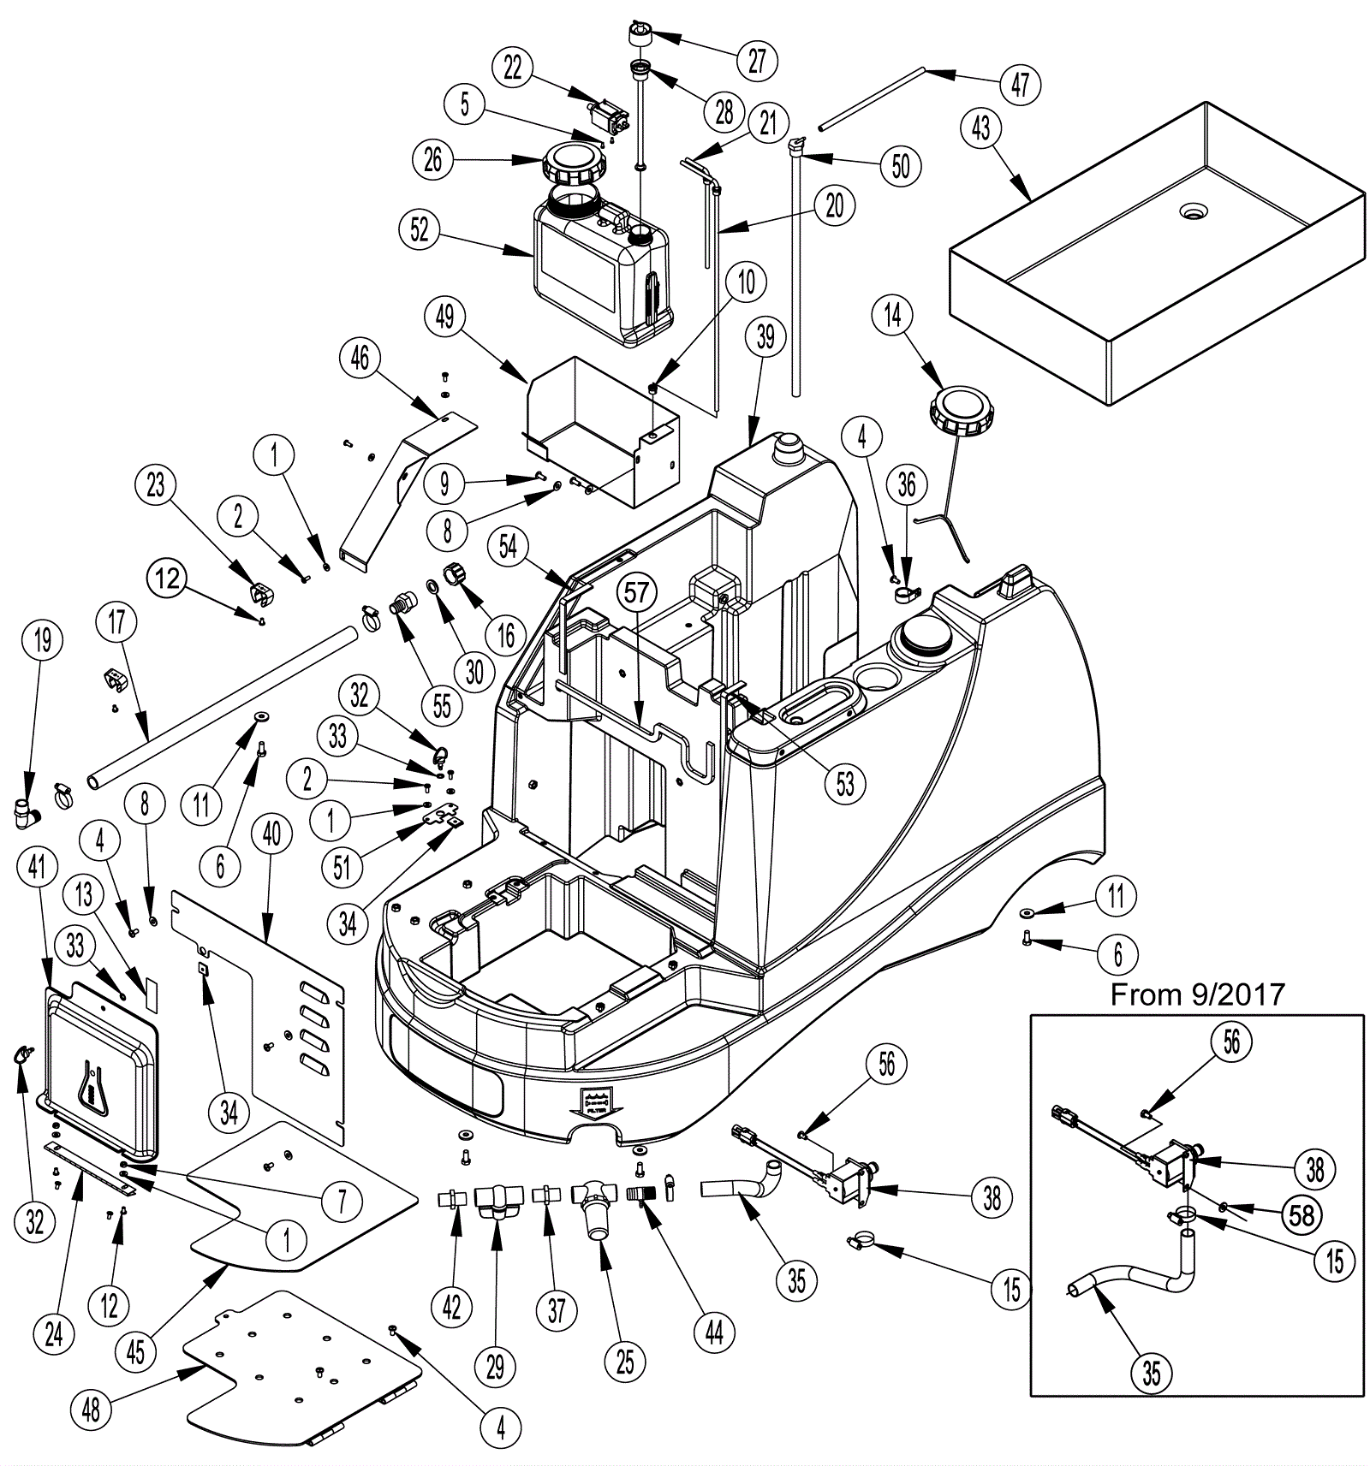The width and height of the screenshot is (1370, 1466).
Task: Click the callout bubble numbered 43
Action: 981,128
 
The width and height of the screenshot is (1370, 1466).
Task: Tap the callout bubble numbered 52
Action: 420,231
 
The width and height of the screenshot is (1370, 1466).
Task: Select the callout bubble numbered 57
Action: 637,593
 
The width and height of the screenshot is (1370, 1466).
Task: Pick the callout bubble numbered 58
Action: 1301,1214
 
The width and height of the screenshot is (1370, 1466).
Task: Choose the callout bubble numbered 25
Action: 625,1362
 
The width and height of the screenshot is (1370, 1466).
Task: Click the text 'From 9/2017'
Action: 1198,994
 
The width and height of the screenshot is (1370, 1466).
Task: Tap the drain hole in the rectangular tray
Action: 1191,211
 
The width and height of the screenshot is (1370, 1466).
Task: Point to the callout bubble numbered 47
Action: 1020,85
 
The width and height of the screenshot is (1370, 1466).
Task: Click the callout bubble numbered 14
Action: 893,315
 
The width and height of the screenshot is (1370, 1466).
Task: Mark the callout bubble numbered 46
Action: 360,358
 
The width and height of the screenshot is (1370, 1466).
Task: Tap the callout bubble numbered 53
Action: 845,784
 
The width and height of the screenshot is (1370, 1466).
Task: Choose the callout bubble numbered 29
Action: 496,1367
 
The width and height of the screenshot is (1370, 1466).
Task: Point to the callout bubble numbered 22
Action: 513,68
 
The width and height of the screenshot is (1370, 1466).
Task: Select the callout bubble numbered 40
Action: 271,834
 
